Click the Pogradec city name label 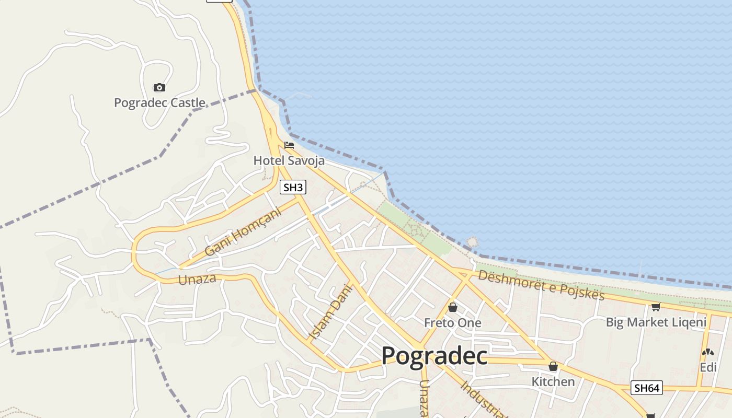click(434, 356)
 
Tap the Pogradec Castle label click(159, 103)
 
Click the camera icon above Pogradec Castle click(159, 88)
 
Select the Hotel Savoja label click(289, 160)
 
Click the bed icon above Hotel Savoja click(289, 145)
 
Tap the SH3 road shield click(293, 187)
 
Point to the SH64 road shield click(647, 388)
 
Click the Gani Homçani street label click(243, 231)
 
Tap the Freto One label click(452, 323)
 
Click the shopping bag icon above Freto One click(453, 307)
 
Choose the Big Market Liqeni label click(656, 322)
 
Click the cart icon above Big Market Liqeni click(656, 307)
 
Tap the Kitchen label click(553, 381)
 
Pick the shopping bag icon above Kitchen click(553, 366)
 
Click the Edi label click(708, 367)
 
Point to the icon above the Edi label click(708, 353)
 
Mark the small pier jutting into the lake click(472, 242)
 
